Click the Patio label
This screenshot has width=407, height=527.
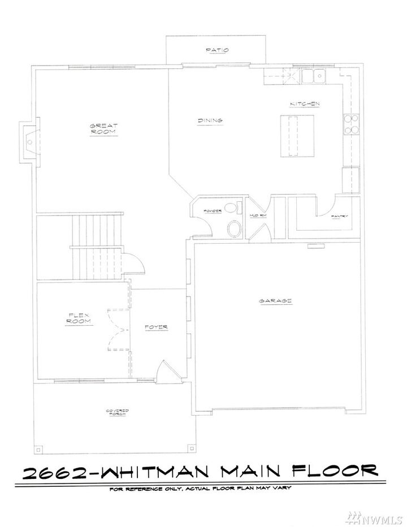click(217, 50)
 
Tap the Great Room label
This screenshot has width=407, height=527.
click(103, 129)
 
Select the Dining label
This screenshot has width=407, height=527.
click(210, 120)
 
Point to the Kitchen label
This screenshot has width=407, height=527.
click(305, 104)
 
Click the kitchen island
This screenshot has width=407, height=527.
click(298, 136)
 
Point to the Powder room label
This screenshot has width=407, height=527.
click(205, 213)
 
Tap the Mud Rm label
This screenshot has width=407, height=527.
click(258, 216)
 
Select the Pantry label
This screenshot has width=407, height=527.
click(340, 216)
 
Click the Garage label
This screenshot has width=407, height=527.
click(275, 301)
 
